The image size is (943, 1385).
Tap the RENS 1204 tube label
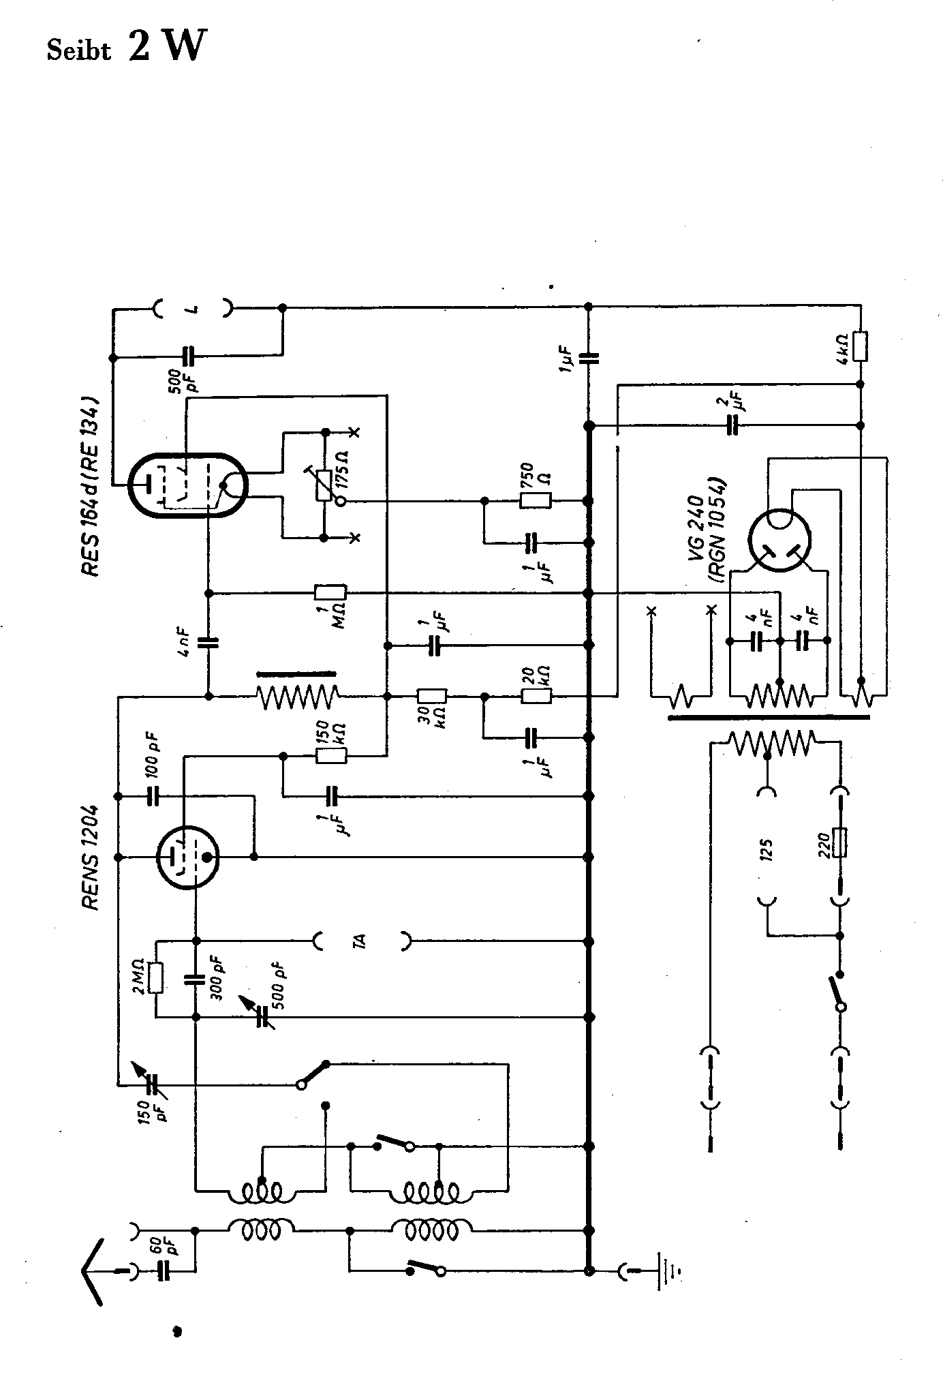click(91, 859)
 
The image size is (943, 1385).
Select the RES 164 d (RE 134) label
click(91, 488)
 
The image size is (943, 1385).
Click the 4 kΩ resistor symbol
click(861, 346)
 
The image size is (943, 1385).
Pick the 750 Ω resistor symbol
click(535, 501)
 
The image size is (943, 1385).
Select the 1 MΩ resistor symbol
click(330, 593)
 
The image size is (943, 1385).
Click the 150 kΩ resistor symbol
click(331, 755)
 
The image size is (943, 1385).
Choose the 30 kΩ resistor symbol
click(431, 696)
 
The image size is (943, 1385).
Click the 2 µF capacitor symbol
click(732, 425)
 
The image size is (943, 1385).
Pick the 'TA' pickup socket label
click(362, 941)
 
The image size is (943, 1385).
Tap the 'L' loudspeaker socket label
click(193, 309)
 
